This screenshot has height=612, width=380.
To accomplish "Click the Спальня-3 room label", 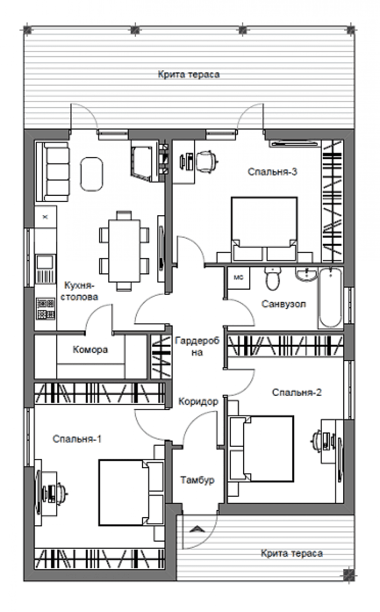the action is click(272, 172).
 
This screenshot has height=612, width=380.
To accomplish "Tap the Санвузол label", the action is click(284, 304).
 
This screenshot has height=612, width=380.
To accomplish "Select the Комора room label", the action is click(90, 349).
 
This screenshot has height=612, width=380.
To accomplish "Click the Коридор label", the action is click(198, 402).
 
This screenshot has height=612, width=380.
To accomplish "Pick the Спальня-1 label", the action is click(77, 439).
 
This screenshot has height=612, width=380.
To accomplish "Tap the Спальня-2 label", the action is click(297, 392).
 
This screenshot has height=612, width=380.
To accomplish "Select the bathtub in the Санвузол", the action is click(331, 298).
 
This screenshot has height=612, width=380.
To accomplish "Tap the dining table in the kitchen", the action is click(124, 251).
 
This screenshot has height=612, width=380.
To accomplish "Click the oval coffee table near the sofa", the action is click(92, 174).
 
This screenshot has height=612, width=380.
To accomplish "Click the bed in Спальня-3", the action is click(264, 229).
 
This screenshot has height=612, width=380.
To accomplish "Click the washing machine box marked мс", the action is click(238, 278).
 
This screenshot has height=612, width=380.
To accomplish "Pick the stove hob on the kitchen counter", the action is click(45, 309).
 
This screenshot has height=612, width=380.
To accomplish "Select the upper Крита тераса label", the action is click(189, 74).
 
